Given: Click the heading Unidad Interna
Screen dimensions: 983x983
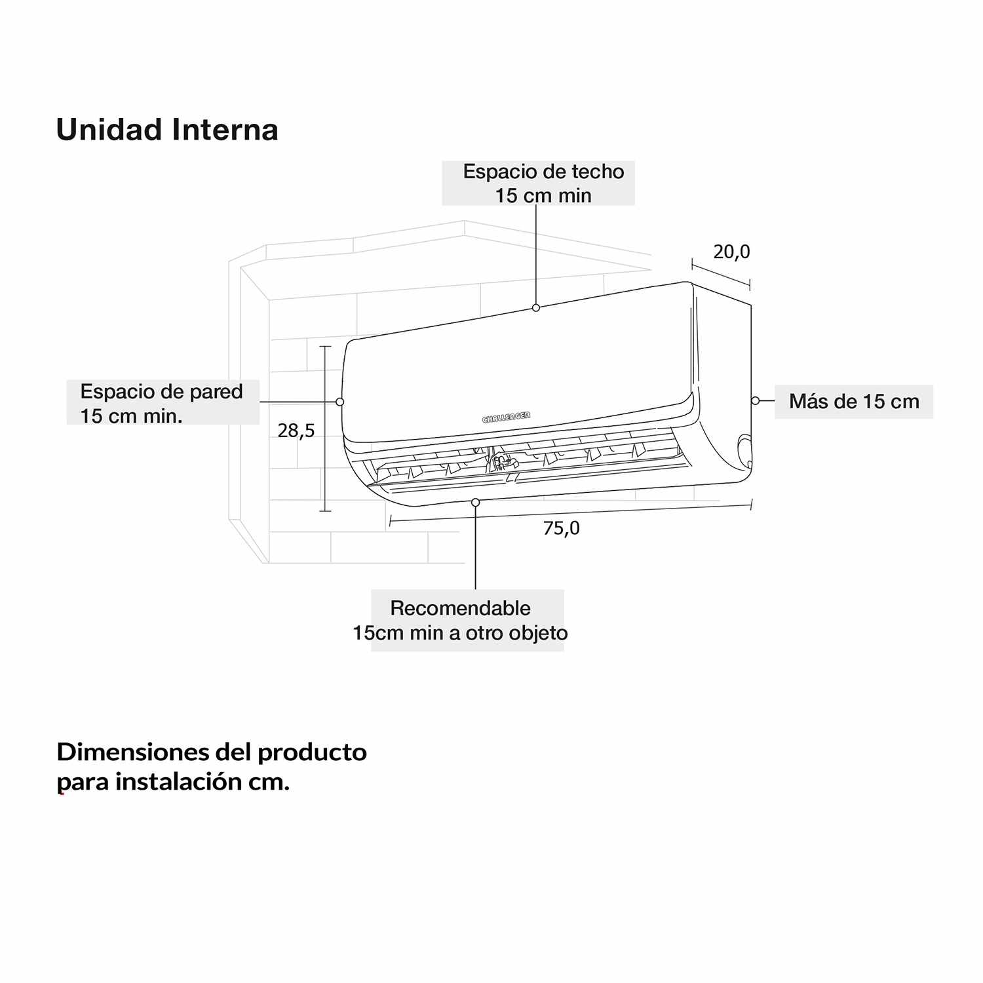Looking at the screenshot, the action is tap(167, 129).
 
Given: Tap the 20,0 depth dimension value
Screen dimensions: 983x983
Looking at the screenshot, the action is tap(731, 252).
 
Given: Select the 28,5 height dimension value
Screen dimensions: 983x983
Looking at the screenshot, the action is tap(296, 431).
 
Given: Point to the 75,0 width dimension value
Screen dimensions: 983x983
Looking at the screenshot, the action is tap(562, 528).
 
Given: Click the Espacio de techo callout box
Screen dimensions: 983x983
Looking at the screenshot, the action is tap(538, 183).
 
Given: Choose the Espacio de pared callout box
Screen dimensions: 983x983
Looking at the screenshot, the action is tap(163, 402).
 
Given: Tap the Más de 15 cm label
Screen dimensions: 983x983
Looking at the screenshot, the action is tap(854, 401).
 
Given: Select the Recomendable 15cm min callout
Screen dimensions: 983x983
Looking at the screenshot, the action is tap(467, 620).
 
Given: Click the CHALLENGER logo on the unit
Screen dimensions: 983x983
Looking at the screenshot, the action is tap(507, 417).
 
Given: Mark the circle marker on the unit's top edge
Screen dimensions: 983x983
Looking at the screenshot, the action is tap(536, 307).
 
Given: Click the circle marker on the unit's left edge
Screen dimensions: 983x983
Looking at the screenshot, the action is tap(339, 402).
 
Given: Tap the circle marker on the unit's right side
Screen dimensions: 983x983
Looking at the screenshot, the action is tap(755, 400).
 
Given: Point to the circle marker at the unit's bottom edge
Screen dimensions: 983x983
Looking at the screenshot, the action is tap(476, 502).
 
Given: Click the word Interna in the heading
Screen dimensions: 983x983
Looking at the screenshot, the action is tap(225, 129).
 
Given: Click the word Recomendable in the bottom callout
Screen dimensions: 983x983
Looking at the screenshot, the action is tap(461, 608).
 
